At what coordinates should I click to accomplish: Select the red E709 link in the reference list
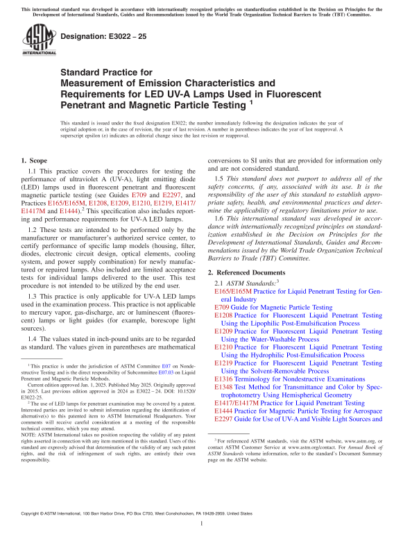(x=221, y=306)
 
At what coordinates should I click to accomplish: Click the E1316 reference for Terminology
(x=225, y=379)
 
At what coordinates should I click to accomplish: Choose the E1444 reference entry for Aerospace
(x=225, y=411)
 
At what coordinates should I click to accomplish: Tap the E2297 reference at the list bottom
(x=225, y=419)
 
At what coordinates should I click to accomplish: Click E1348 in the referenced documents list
(x=225, y=387)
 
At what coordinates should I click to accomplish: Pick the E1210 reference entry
(x=225, y=347)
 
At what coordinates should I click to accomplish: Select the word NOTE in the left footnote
(x=35, y=435)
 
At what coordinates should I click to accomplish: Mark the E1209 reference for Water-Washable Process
(x=225, y=331)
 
